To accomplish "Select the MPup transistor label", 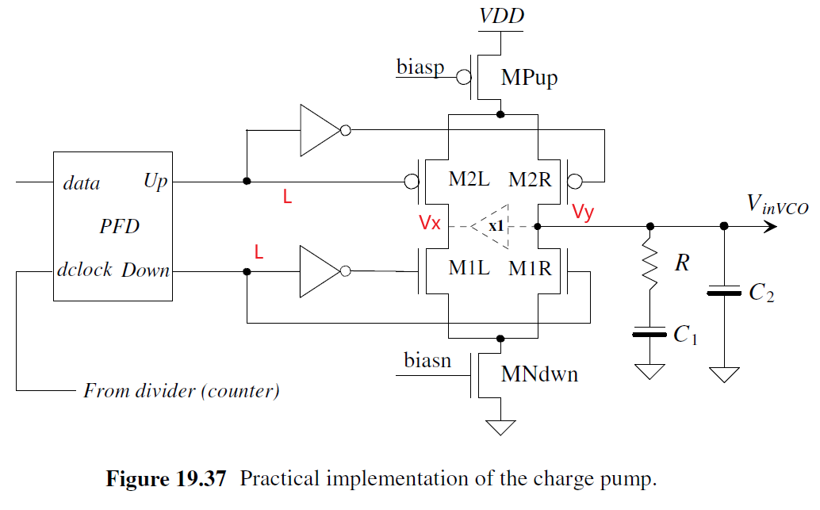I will (x=529, y=78).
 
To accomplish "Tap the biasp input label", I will (x=420, y=67).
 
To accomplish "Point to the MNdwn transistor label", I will (x=539, y=374).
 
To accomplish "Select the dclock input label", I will (x=84, y=270).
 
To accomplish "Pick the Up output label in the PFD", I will (x=155, y=182).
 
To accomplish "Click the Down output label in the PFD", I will (x=145, y=270).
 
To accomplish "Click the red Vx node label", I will (x=430, y=223).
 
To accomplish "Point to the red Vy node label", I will (x=582, y=212).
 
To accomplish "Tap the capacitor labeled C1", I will (x=649, y=334).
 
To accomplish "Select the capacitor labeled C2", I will (x=723, y=293).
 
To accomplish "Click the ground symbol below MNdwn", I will (x=500, y=428).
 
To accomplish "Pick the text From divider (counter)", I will (x=182, y=390).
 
